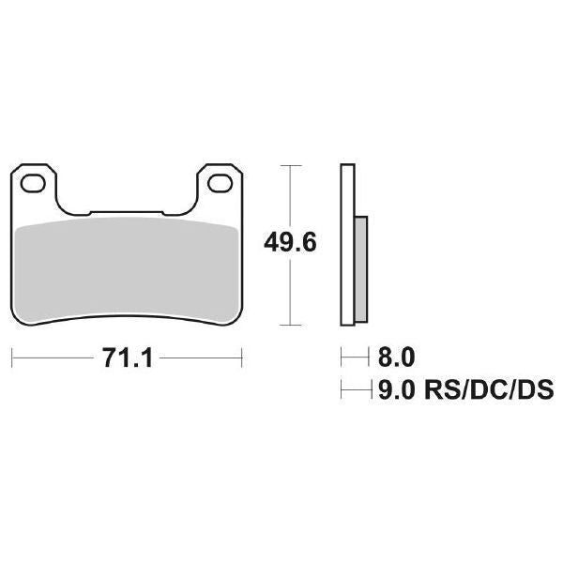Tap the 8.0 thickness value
395,358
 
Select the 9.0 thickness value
395,388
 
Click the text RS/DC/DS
488,388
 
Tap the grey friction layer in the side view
362,272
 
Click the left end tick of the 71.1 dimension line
12,358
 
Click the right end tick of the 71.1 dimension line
242,358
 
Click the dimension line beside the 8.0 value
355,358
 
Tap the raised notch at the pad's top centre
127,213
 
